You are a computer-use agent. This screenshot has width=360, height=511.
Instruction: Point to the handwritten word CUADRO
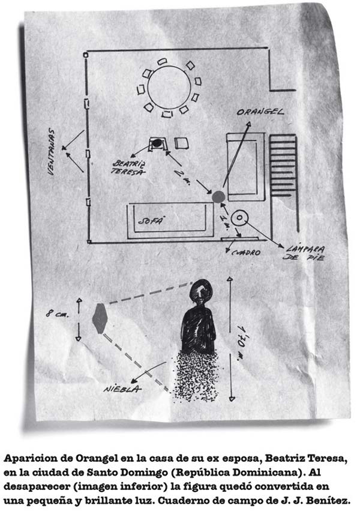coord(246,253)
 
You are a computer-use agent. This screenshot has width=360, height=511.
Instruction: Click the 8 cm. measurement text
coord(61,313)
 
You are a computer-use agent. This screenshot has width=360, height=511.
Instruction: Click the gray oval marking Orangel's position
coord(218,196)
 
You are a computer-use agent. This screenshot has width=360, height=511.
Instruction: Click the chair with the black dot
coord(157,144)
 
